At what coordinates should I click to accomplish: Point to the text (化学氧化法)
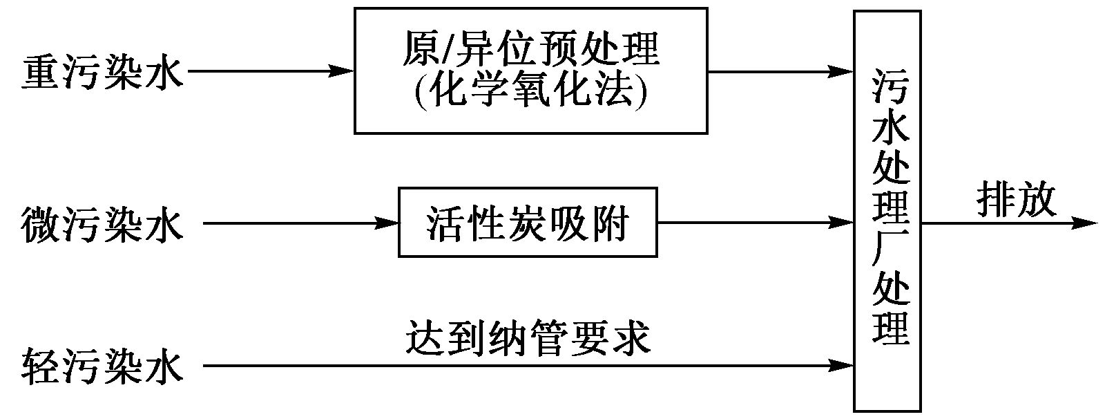[x=530, y=90]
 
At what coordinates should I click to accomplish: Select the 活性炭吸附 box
[x=528, y=223]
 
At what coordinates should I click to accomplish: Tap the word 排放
[x=1016, y=201]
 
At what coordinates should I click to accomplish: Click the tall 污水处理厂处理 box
[x=887, y=211]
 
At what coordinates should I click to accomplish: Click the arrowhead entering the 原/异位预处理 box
[x=341, y=71]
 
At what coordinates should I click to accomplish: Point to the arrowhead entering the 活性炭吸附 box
[x=387, y=223]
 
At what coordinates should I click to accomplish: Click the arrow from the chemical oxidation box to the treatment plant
[x=780, y=71]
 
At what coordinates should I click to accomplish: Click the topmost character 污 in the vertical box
[x=889, y=87]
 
